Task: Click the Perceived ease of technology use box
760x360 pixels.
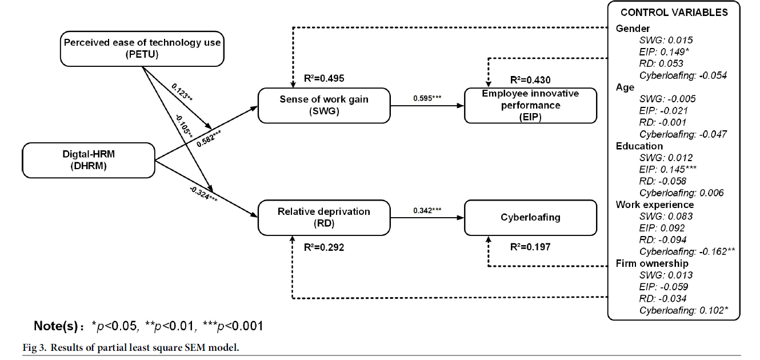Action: [x=142, y=48]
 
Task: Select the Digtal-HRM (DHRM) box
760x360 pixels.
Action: [x=89, y=159]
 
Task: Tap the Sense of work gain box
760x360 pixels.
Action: [x=323, y=105]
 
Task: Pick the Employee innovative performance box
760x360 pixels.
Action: [x=530, y=105]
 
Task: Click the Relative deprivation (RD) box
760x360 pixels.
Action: [x=323, y=217]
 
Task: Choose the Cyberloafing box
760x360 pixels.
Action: [x=530, y=217]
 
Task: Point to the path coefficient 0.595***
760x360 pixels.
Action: [x=427, y=98]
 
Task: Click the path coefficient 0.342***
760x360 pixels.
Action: [x=427, y=210]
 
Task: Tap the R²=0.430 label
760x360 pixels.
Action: [x=530, y=80]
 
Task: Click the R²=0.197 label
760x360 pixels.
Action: [x=530, y=247]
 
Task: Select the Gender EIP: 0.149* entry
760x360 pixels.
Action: [x=663, y=52]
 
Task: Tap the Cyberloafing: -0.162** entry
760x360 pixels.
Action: [x=687, y=251]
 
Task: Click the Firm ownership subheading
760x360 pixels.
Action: [x=652, y=263]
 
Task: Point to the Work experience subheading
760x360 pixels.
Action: [x=655, y=205]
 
